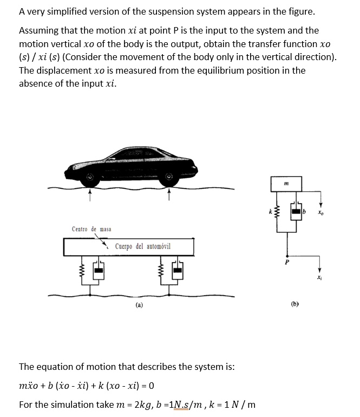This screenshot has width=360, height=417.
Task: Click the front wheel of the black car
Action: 90,178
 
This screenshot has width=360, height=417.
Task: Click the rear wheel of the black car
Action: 169,178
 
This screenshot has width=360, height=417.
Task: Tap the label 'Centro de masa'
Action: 92,229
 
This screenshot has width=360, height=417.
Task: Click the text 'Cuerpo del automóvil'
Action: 142,246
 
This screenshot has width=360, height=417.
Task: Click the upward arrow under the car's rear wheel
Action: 169,193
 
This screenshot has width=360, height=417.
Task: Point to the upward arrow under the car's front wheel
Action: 90,193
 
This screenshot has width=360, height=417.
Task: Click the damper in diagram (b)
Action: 297,210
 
